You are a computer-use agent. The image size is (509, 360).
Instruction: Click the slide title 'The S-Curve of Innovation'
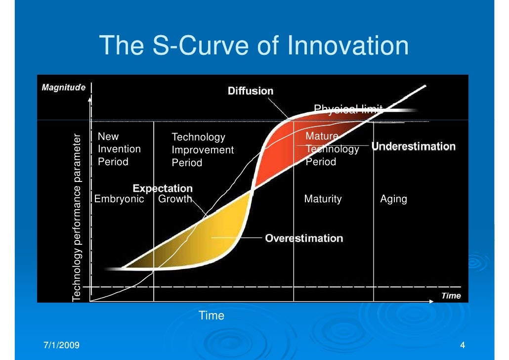pos(254,46)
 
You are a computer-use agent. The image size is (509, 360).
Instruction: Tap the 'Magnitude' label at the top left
pos(63,88)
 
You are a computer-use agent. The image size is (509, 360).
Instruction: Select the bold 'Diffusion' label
pos(250,91)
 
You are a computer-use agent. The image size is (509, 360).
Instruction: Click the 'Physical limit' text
pos(348,109)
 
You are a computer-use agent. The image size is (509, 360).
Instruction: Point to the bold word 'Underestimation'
pos(413,146)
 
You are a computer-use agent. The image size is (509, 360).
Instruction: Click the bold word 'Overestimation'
pos(304,238)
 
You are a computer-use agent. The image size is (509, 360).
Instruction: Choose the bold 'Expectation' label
pos(163,188)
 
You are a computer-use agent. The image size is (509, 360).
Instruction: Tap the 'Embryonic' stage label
pos(119,199)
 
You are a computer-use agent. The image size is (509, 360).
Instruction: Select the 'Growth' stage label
pos(174,199)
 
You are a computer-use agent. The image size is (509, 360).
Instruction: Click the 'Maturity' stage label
pos(323,199)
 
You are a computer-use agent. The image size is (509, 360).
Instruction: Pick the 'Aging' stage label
pos(393,199)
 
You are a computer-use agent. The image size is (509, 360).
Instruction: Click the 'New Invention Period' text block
pos(119,149)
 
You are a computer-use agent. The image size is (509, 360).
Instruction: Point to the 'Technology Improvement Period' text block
pos(202,150)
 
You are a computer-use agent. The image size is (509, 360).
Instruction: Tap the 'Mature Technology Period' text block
pos(332,149)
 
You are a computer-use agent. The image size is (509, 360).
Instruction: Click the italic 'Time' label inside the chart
pos(451,296)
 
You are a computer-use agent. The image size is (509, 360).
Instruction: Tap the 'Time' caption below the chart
pos(211,315)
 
